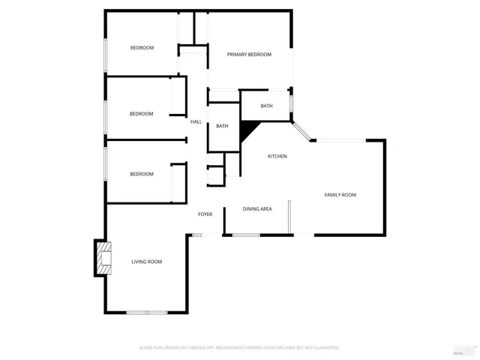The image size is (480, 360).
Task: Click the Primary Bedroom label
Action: pyautogui.click(x=249, y=55)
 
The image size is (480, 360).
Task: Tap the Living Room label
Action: pyautogui.click(x=147, y=262)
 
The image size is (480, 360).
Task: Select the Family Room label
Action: pyautogui.click(x=340, y=195)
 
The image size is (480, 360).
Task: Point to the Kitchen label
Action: pyautogui.click(x=277, y=156)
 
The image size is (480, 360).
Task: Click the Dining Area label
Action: pyautogui.click(x=257, y=208)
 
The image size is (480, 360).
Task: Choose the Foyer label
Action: pyautogui.click(x=205, y=214)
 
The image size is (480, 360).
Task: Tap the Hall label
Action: pyautogui.click(x=196, y=121)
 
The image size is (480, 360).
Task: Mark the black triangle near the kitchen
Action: pyautogui.click(x=247, y=132)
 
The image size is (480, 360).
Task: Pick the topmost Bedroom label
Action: pyautogui.click(x=142, y=48)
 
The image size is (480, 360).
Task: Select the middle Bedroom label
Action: pyautogui.click(x=141, y=114)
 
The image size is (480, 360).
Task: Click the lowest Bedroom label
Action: pyautogui.click(x=141, y=174)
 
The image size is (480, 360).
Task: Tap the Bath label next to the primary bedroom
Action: pyautogui.click(x=266, y=106)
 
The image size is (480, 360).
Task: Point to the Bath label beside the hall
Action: pyautogui.click(x=222, y=126)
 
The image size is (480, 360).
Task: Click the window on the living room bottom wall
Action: pyautogui.click(x=147, y=312)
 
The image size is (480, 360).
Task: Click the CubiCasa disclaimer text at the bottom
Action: pyautogui.click(x=239, y=348)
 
